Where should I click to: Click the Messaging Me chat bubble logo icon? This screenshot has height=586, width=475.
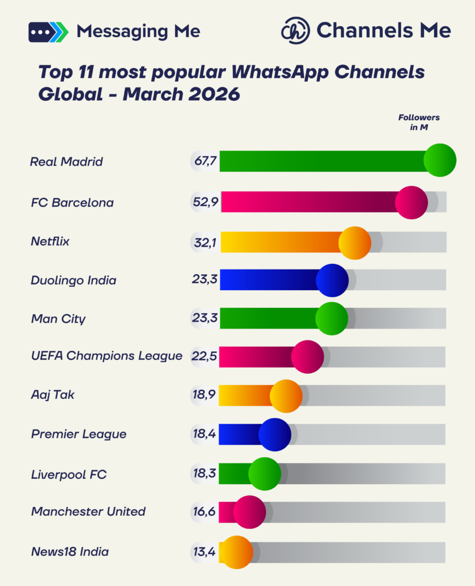point(48,31)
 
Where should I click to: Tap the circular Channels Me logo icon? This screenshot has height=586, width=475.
point(295,31)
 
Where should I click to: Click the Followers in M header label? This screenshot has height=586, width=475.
point(419,122)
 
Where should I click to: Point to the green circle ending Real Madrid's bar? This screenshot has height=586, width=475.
point(440,160)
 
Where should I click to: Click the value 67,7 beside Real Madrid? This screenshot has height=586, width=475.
point(205,161)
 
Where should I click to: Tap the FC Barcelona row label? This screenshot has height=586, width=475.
point(72,203)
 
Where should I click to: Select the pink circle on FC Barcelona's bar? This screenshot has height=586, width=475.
point(411,203)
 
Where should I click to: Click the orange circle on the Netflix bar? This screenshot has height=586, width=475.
point(355,242)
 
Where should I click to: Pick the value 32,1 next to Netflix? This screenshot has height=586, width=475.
point(205,242)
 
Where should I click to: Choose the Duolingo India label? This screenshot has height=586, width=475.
point(73,280)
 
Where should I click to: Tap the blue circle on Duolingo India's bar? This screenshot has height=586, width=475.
point(332,280)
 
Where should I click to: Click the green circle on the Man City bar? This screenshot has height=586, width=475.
point(331,318)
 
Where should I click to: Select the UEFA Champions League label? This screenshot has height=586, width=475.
point(106,356)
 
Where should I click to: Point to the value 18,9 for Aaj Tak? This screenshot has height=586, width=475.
point(205,395)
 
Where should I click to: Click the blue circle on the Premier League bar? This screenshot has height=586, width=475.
point(275,434)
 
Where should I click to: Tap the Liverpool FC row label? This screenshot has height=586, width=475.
point(69,474)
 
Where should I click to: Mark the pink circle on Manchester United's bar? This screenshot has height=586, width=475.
point(250,512)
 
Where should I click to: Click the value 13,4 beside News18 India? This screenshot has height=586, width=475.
point(204,552)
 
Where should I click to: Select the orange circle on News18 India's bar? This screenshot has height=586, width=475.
point(236,552)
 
